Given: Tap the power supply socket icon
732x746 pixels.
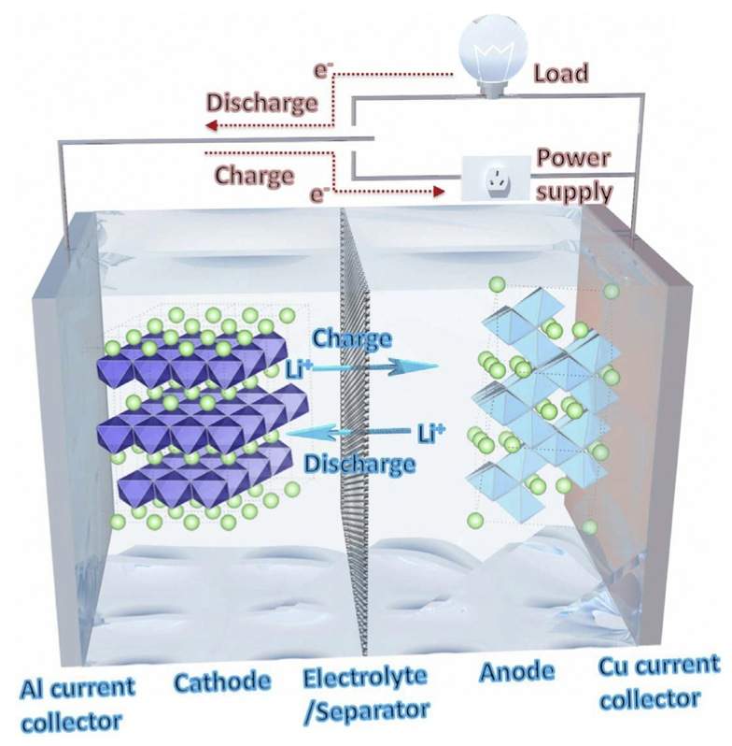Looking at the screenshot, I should (x=495, y=178).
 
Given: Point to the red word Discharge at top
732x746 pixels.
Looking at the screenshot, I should (x=261, y=102).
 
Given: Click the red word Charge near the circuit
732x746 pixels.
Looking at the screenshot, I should (x=254, y=175).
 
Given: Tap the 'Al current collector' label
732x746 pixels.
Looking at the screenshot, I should (x=77, y=704).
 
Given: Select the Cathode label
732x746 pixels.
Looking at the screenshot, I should (x=222, y=681).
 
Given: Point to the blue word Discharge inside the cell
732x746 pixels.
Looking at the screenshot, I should (x=359, y=463).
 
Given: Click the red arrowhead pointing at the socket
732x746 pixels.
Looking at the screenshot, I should (x=437, y=193).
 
